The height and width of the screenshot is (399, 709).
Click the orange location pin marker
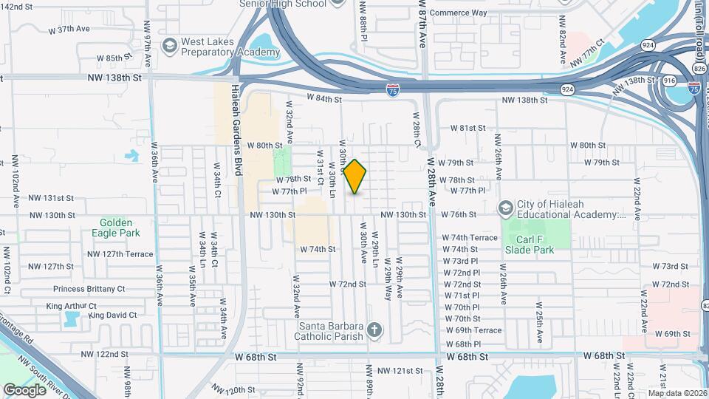click(355, 177)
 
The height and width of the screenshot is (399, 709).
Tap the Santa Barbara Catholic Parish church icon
click(374, 330)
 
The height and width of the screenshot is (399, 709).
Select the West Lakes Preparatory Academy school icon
click(169, 46)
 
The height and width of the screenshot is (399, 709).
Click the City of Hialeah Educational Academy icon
click(506, 209)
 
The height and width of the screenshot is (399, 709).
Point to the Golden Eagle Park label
click(112, 227)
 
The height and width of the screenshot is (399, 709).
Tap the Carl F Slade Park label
click(535, 245)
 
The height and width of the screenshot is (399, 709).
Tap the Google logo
click(25, 389)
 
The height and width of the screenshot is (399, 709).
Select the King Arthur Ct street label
click(72, 306)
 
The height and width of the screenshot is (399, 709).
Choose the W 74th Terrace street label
click(470, 238)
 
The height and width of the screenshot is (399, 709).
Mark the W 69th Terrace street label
click(473, 330)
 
